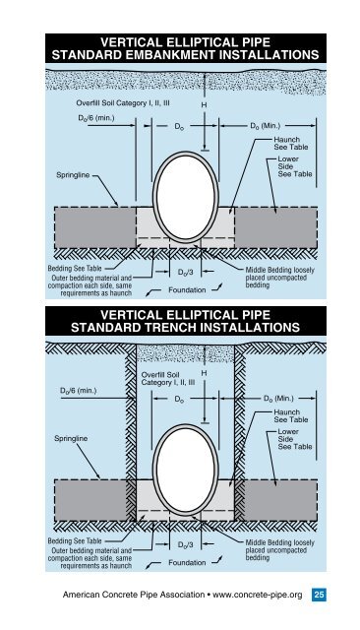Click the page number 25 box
(x=320, y=593)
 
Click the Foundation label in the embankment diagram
(x=187, y=290)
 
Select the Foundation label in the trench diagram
(x=187, y=564)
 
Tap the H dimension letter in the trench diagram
(x=204, y=375)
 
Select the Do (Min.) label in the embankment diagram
(x=270, y=126)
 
